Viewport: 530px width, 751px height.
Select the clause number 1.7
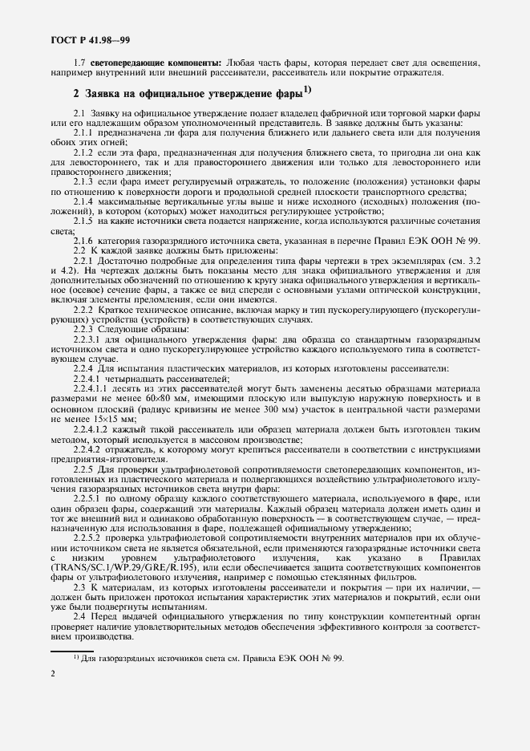(x=80, y=62)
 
